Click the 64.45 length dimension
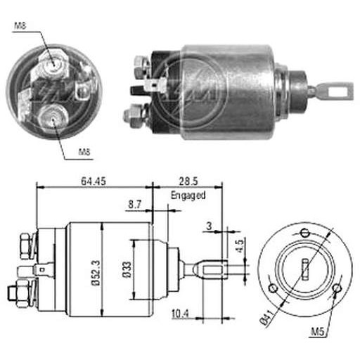94,181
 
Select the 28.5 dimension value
188,181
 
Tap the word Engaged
188,195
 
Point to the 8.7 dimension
135,205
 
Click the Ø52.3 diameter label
96,273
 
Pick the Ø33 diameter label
127,269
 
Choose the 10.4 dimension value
180,314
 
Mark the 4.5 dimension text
240,245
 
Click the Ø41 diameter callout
266,317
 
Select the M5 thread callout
317,331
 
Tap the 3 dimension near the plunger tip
209,226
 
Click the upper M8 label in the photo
20,25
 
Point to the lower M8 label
84,152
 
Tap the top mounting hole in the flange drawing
305,233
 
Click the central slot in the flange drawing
305,269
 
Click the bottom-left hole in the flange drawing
273,288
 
